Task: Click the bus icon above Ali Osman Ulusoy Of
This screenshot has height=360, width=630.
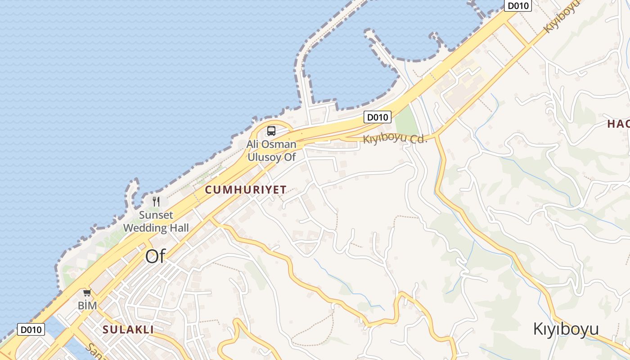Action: [271, 131]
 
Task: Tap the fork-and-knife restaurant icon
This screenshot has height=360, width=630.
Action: [156, 201]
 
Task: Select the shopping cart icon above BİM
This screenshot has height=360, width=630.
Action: [87, 293]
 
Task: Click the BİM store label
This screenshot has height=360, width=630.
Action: [87, 306]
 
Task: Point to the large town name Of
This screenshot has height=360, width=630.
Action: [155, 256]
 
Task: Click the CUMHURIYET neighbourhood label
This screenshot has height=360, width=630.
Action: [246, 190]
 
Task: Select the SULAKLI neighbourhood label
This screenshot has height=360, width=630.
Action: [128, 329]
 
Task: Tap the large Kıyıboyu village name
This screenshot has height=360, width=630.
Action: [566, 329]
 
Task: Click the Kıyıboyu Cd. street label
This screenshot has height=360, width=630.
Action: [395, 139]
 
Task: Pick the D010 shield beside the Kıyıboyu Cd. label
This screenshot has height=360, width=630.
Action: [377, 117]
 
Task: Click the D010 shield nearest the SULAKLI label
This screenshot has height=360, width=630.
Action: [31, 329]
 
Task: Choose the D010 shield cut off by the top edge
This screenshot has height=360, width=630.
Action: [518, 5]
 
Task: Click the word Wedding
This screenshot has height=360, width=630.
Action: [145, 228]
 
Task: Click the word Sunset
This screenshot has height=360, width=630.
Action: [156, 215]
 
